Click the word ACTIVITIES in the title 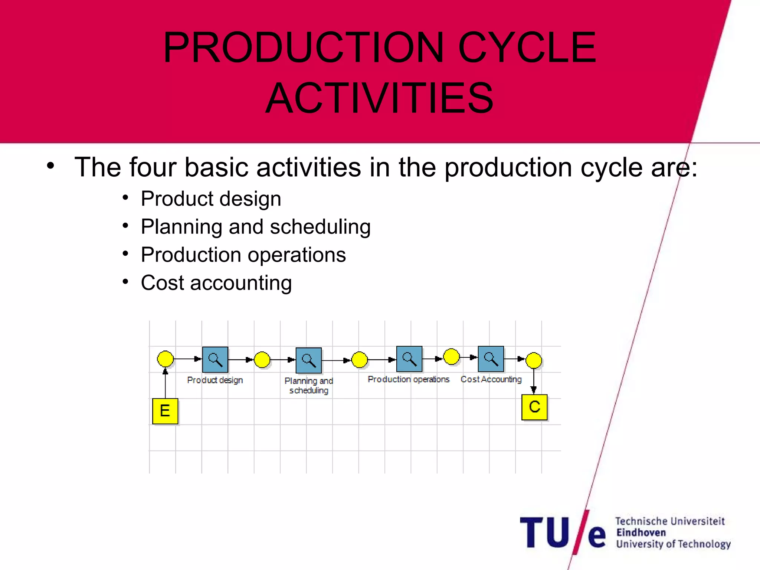click(380, 98)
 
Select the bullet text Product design click(211, 199)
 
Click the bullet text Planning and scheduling click(256, 227)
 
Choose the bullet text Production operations click(243, 255)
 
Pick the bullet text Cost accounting click(216, 283)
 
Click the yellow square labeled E click(165, 411)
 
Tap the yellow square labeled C click(534, 407)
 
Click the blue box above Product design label click(215, 360)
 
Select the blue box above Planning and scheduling click(308, 360)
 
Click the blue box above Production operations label click(409, 359)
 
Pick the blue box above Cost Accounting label click(491, 359)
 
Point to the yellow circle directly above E click(166, 359)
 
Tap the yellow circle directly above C click(534, 360)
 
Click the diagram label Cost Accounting click(491, 379)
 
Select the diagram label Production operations click(408, 379)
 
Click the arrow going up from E click(166, 383)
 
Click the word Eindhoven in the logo click(641, 533)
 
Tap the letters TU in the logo click(544, 533)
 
